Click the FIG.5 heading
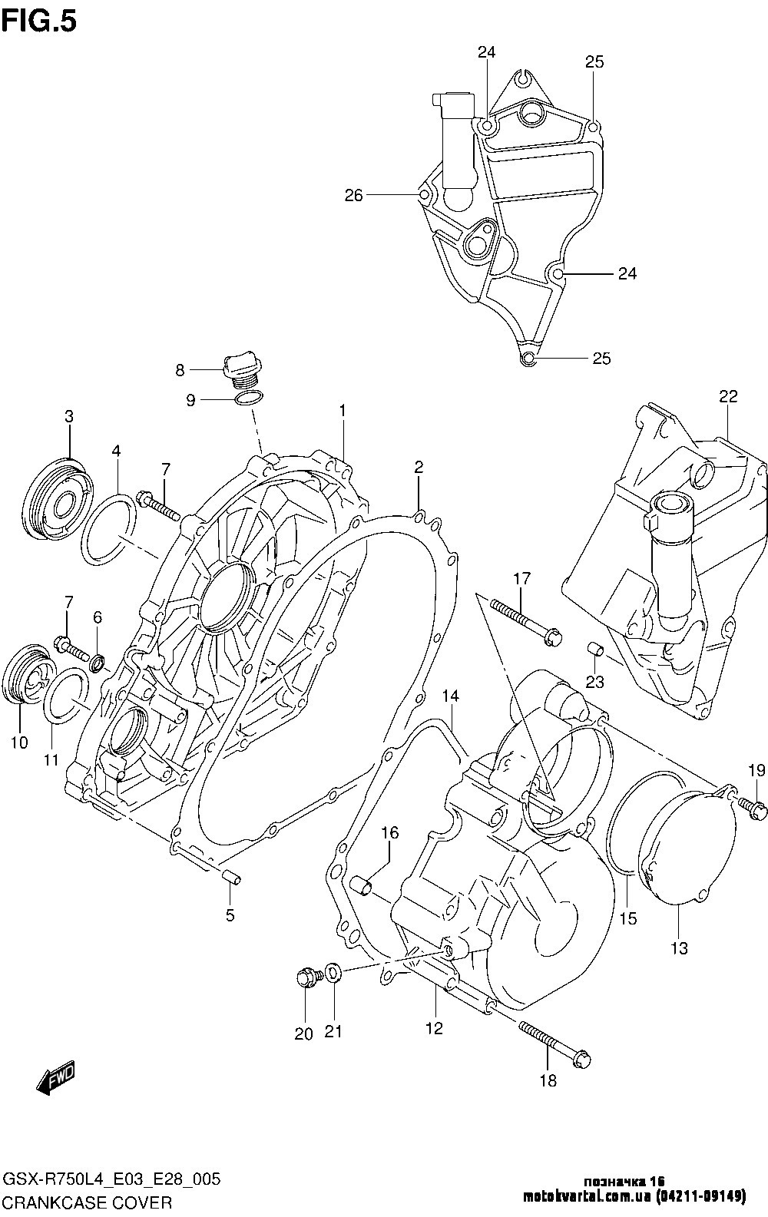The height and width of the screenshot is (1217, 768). tap(40, 21)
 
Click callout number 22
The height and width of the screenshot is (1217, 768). tap(728, 397)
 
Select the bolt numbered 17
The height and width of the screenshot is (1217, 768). tap(525, 620)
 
